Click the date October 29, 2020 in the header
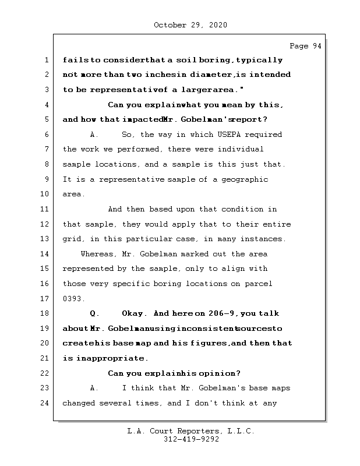pyautogui.click(x=190, y=25)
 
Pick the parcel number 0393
pyautogui.click(x=74, y=299)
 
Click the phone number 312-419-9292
pyautogui.click(x=191, y=440)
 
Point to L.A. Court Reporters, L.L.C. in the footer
pyautogui.click(x=190, y=431)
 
